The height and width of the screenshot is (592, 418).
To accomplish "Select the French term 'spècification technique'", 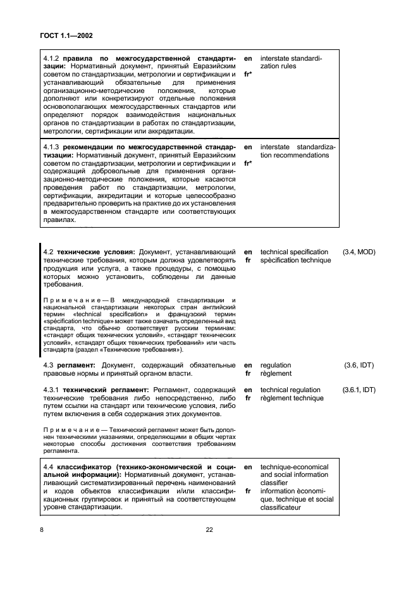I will [x=295, y=260].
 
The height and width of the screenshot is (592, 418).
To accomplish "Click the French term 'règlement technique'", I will [x=291, y=398].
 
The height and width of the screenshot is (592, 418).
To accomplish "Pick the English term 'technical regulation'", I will [x=290, y=390].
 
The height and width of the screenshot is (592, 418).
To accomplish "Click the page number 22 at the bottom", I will [x=209, y=530].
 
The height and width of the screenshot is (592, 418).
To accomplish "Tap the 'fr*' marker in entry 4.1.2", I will [x=249, y=74].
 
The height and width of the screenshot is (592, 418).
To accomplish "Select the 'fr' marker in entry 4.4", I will [x=248, y=491].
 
